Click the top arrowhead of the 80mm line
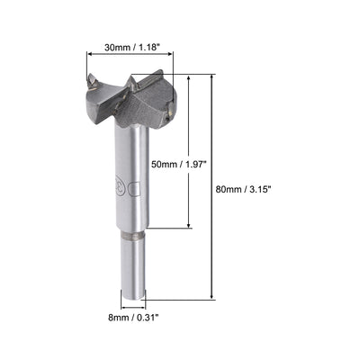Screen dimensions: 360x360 [x=213, y=78]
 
